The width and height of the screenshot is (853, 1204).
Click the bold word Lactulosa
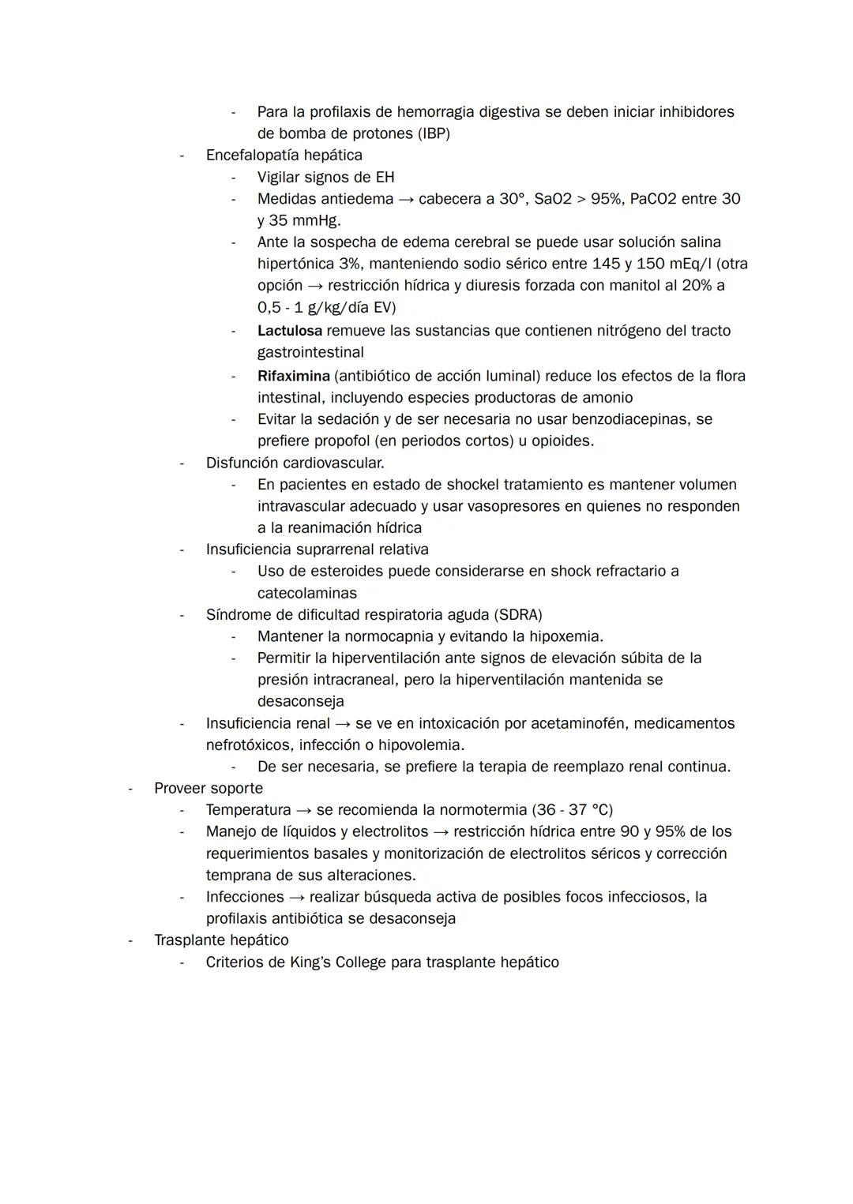pos(289,331)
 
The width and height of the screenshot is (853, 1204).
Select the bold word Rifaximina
pos(293,376)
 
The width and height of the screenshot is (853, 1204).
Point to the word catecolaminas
pos(306,593)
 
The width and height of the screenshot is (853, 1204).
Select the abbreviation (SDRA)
pos(518,614)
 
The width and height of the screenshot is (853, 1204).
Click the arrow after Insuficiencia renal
pos(342,723)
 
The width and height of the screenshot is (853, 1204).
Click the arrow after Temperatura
pos(303,810)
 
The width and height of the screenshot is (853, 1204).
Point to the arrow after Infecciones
pos(296,897)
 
